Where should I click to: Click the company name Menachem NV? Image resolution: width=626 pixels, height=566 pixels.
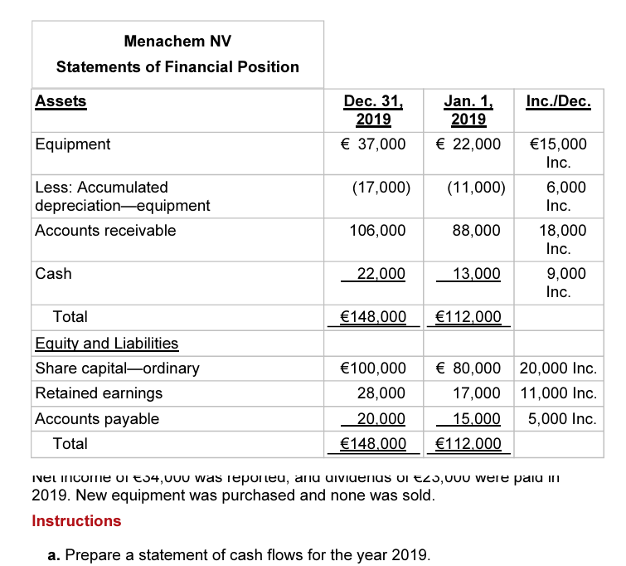(x=177, y=40)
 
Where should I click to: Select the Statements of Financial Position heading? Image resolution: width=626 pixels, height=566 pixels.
(x=177, y=66)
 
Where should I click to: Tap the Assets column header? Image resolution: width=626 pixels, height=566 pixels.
(x=61, y=101)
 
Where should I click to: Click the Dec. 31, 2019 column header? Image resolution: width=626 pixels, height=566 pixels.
(x=374, y=110)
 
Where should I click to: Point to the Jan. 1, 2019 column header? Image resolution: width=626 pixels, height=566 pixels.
(x=468, y=110)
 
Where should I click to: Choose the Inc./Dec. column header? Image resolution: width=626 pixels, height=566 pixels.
(x=558, y=102)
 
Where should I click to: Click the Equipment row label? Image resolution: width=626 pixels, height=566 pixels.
(x=73, y=144)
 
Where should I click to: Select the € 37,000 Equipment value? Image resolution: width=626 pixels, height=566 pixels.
(x=374, y=144)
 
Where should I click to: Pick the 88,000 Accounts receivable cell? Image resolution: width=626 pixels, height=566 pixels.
(x=476, y=230)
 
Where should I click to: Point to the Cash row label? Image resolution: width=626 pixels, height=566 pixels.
(x=53, y=273)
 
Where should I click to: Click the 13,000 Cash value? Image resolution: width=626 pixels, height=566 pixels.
(x=476, y=274)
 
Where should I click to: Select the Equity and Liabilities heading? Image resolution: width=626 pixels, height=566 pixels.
(x=107, y=343)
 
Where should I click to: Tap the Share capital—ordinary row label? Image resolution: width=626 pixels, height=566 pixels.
(x=117, y=368)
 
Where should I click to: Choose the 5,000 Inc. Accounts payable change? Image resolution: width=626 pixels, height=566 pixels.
(x=561, y=418)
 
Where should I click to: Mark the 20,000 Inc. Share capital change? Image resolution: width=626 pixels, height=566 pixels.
(x=558, y=368)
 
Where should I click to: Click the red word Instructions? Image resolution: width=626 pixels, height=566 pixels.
(x=76, y=520)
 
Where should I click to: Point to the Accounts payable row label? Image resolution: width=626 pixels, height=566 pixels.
(x=97, y=418)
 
